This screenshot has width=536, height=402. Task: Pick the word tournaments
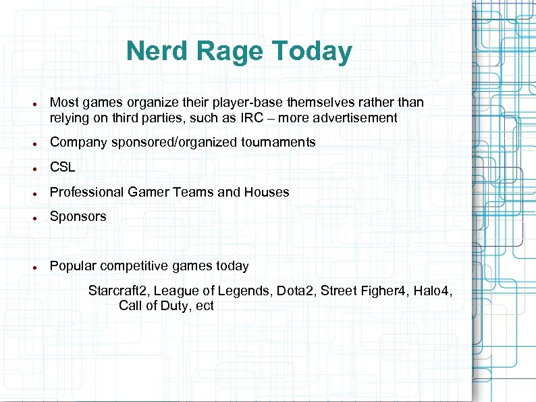pos(282,143)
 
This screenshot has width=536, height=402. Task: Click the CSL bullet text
pos(63,168)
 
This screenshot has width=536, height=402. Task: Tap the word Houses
pos(266,193)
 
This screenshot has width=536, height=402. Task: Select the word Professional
pos(86,193)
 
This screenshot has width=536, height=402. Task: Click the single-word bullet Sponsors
pos(78,217)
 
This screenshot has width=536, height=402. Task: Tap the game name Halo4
pos(433,291)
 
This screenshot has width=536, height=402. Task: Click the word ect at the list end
pos(205,306)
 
